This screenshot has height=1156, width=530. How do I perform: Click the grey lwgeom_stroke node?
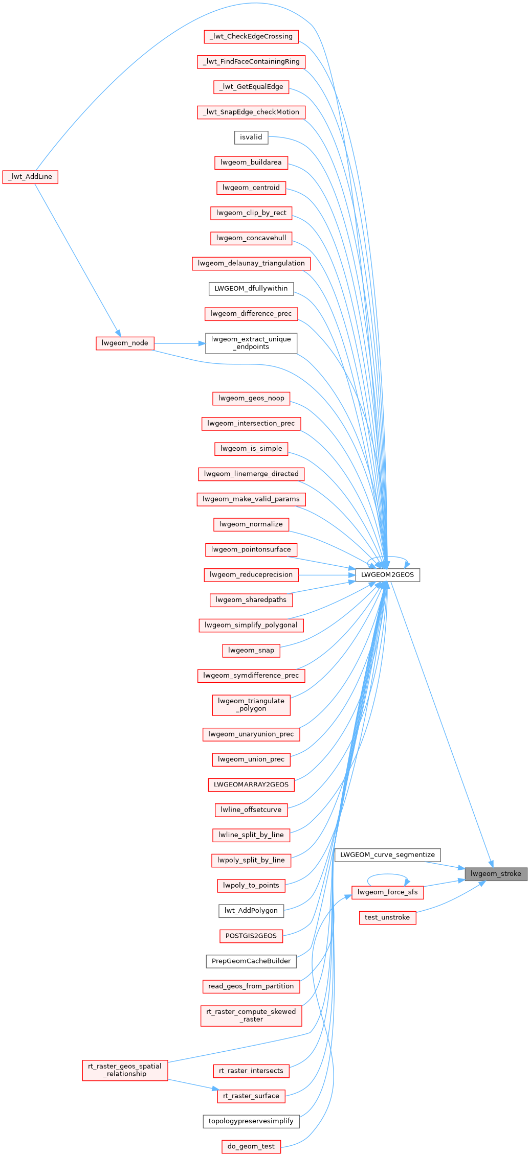click(x=496, y=873)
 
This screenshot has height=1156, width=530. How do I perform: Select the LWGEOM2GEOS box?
click(x=387, y=574)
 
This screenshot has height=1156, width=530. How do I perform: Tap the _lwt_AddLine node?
click(x=30, y=177)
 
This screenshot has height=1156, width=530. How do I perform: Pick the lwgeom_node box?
click(x=125, y=343)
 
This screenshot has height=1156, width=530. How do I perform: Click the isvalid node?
click(x=251, y=137)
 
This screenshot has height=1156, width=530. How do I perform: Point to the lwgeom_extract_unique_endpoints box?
click(x=251, y=343)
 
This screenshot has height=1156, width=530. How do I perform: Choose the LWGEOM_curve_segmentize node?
click(x=387, y=854)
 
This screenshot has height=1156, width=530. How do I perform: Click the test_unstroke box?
click(x=387, y=917)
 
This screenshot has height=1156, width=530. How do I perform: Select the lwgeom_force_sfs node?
click(x=387, y=892)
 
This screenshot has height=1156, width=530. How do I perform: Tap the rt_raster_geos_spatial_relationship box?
click(x=125, y=1070)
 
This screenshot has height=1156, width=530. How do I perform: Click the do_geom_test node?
click(x=251, y=1146)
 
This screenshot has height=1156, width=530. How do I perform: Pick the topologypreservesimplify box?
click(x=251, y=1121)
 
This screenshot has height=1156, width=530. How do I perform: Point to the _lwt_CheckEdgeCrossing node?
click(x=251, y=36)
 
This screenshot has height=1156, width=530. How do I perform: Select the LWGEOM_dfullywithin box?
click(x=251, y=288)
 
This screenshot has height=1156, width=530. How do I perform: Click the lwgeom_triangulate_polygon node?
click(x=251, y=705)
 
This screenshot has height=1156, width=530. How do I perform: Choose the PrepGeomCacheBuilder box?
click(x=251, y=961)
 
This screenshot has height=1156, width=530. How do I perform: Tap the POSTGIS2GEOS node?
click(x=251, y=936)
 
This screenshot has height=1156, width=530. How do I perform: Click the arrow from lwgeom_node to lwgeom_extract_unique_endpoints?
click(x=179, y=343)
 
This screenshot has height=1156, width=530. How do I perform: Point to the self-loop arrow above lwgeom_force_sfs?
click(x=387, y=875)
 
